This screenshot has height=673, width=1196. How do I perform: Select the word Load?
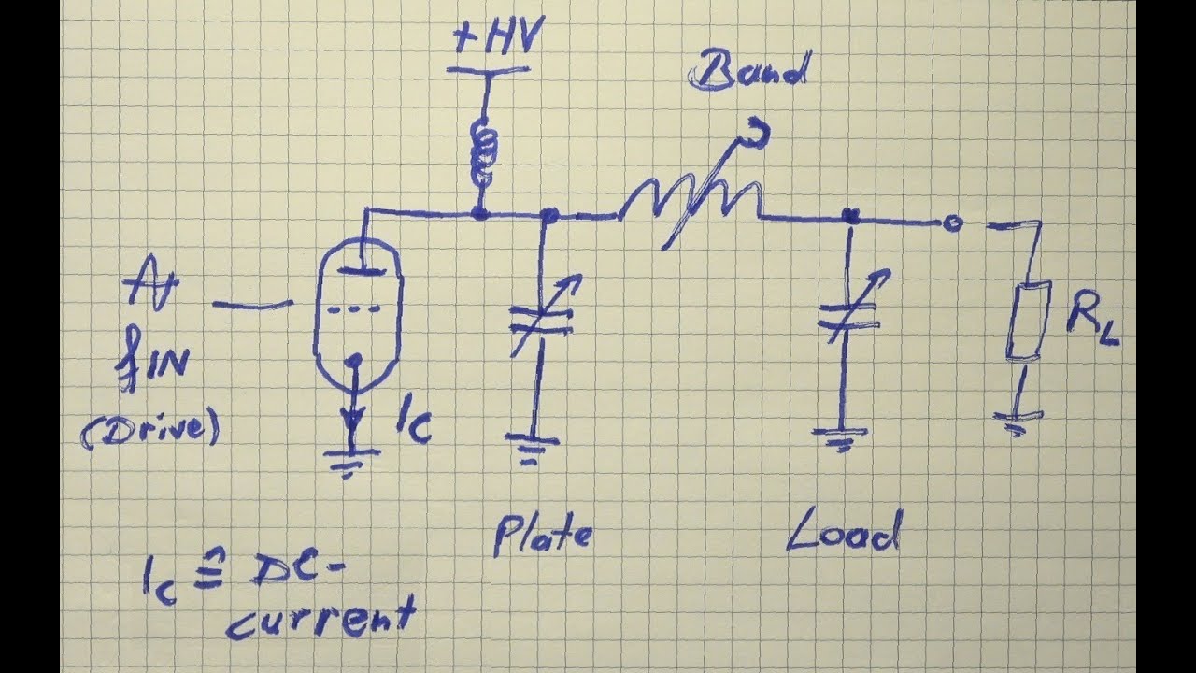click(x=843, y=533)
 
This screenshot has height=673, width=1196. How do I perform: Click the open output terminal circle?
click(x=951, y=222)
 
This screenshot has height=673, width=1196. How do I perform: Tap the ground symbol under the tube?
click(x=350, y=458)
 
